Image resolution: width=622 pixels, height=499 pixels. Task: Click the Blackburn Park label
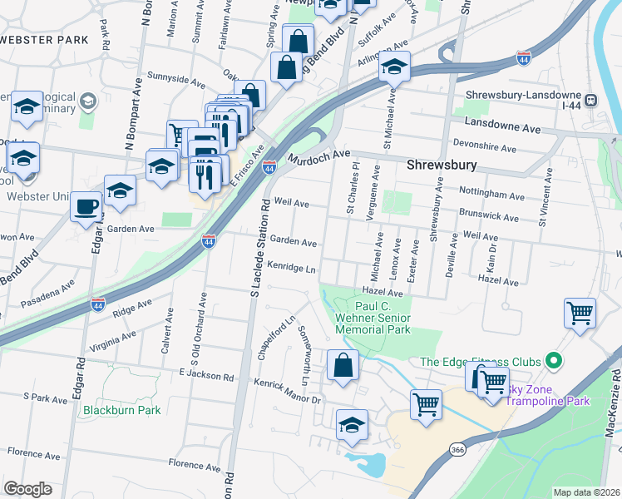pos(121,410)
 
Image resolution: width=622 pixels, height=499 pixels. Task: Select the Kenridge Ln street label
pos(292,267)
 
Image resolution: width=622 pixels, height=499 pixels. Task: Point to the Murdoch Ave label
pos(319,156)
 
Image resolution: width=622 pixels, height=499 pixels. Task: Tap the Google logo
pos(27,489)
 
